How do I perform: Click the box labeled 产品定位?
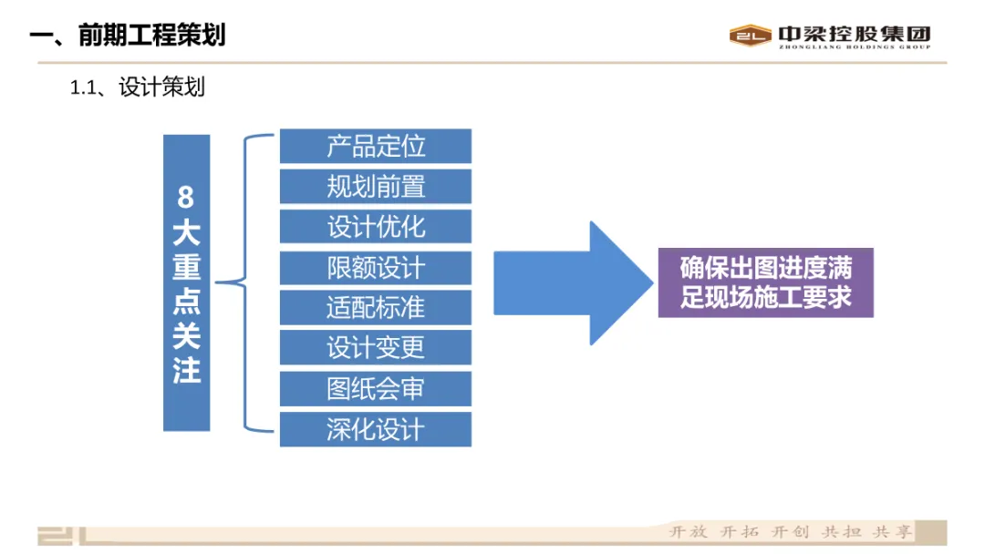(375, 146)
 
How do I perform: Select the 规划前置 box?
(375, 186)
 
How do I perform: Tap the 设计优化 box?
(375, 226)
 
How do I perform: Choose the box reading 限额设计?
(375, 267)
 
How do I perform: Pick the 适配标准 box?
(375, 307)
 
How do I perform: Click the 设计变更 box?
(375, 347)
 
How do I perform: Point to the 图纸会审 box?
(375, 388)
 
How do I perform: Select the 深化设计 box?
(375, 428)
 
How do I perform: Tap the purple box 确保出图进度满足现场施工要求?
(765, 282)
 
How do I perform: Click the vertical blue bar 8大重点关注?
(186, 282)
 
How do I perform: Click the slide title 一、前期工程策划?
(128, 36)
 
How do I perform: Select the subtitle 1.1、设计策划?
(138, 87)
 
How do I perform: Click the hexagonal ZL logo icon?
(751, 36)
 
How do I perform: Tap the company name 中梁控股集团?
(854, 33)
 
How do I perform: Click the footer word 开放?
(688, 532)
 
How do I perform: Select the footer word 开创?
(790, 532)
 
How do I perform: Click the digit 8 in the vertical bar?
(186, 196)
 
